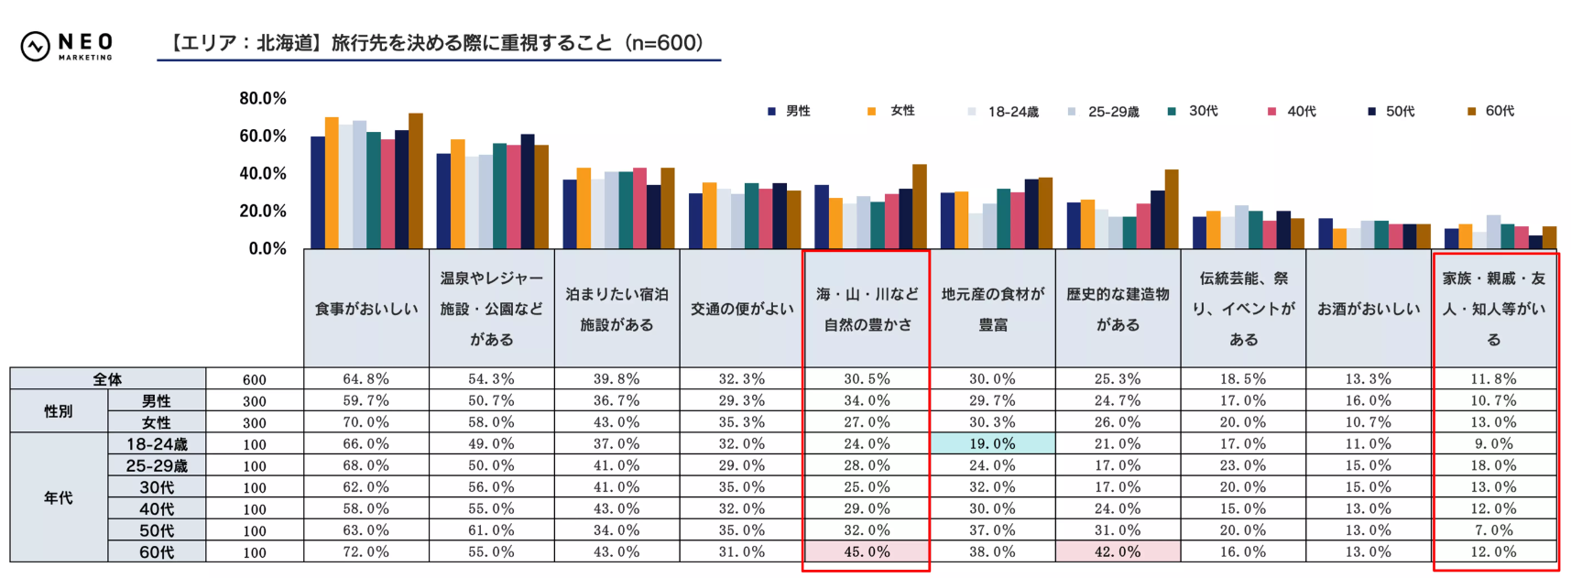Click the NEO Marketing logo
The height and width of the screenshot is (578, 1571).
coord(66,45)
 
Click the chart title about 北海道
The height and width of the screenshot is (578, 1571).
coord(438,43)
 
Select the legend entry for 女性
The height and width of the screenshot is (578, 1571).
coord(892,111)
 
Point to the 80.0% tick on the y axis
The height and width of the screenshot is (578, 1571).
coord(263,98)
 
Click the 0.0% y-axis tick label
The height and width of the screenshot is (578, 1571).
coord(267,249)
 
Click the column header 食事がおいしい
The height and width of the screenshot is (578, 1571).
coord(366,309)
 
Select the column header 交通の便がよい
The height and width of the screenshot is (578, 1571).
coord(742,309)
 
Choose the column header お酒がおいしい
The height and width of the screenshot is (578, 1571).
coord(1369,309)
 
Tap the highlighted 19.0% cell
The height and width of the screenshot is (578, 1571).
coord(992,443)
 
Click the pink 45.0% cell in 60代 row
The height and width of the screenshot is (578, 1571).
coord(867,551)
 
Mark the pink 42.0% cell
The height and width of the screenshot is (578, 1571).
coord(1118,551)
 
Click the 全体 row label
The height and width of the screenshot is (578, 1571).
coord(107,378)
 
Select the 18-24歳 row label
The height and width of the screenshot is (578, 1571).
coord(157,443)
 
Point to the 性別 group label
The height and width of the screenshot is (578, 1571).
coord(58,411)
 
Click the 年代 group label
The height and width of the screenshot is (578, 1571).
coord(58,497)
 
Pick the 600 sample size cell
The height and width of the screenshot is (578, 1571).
coord(255,379)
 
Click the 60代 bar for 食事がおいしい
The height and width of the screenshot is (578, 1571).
coord(416,181)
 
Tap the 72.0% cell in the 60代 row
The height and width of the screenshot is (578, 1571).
coord(365,551)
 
